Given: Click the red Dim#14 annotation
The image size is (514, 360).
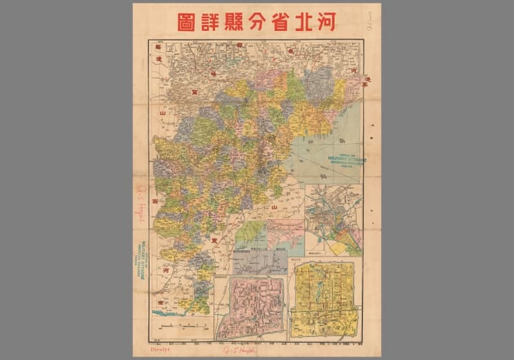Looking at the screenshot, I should point(146,350).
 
